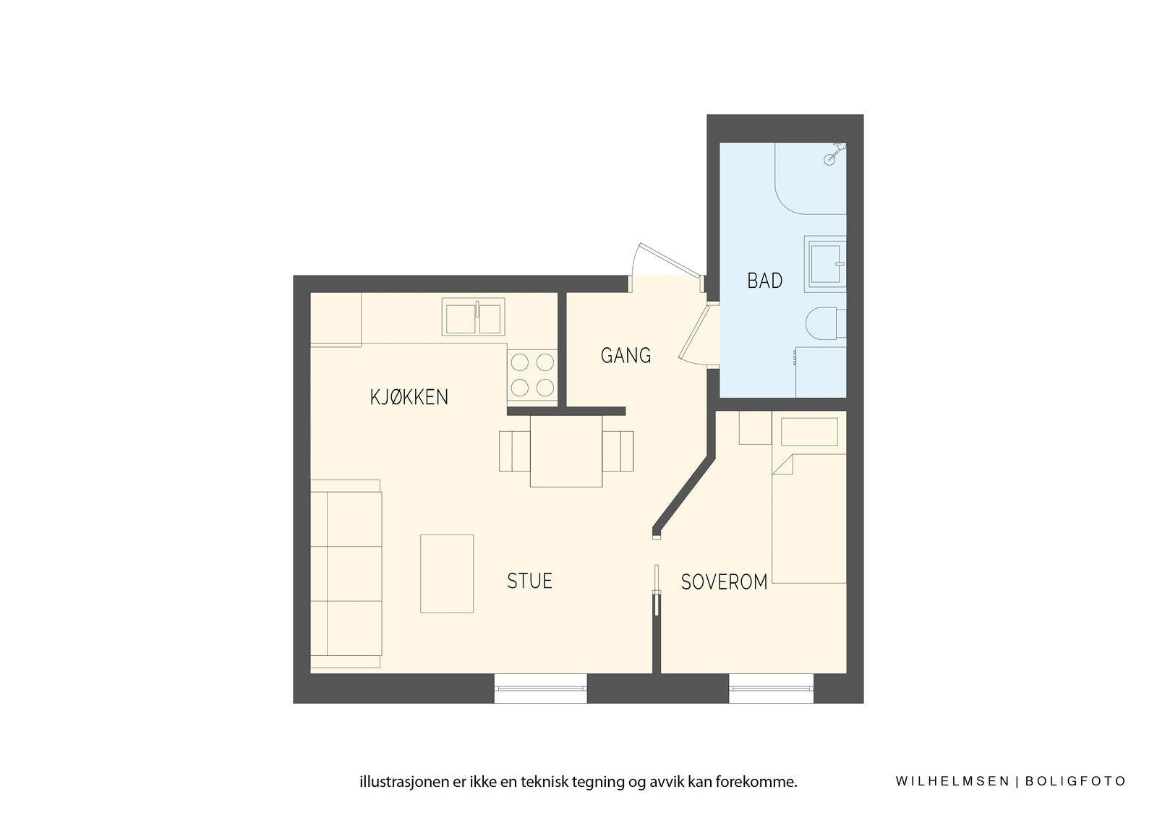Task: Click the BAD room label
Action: coord(764,281)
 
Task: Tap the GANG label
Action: coord(626,356)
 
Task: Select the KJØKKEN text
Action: coord(409,397)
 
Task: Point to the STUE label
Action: coord(529,581)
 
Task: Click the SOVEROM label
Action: coord(724,582)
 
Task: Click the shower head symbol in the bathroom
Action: coord(832,155)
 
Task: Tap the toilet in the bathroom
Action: coord(825,323)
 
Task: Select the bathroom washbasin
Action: coord(825,264)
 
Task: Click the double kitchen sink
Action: coord(473,316)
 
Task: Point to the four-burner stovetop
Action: coord(532,375)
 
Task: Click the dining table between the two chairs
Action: coord(566,451)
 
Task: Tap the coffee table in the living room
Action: coord(447,574)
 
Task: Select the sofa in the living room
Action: coord(346,574)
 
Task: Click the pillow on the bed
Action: coord(809,432)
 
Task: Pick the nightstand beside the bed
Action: coord(755,427)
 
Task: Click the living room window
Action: coord(540,689)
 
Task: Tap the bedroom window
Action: coord(771,689)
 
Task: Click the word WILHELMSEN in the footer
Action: coord(952,781)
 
